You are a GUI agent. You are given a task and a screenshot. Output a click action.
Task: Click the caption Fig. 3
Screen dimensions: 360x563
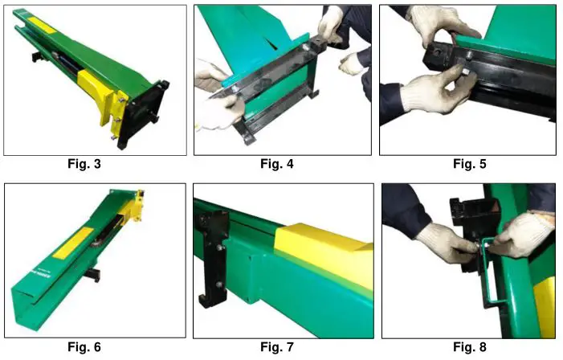[94, 165]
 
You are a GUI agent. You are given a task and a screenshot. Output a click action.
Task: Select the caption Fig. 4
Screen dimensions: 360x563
[282, 165]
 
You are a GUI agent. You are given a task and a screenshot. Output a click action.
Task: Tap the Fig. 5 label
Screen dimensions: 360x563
[470, 165]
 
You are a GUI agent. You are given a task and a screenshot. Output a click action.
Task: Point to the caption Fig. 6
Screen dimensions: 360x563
[94, 346]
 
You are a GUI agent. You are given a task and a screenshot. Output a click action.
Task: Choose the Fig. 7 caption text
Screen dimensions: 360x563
[282, 346]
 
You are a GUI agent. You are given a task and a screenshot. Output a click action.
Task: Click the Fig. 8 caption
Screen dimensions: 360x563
[470, 346]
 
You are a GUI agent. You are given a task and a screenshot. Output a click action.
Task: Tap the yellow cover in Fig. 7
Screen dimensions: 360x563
[321, 245]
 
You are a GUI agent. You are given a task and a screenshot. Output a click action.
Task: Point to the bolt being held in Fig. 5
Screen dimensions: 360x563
[467, 71]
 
